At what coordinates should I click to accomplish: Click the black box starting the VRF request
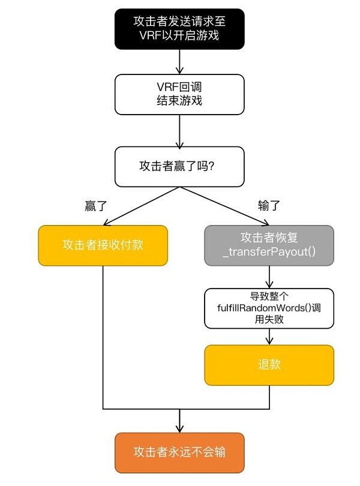[179, 28]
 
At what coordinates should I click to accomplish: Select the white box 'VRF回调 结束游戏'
[179, 94]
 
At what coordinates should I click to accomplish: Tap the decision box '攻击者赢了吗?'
[179, 166]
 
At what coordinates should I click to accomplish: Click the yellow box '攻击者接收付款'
[103, 245]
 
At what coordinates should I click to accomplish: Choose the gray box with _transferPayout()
[269, 245]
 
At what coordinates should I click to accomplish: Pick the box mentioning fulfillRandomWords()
[269, 308]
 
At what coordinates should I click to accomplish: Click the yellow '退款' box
[269, 365]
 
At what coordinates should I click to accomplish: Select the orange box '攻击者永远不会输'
[179, 452]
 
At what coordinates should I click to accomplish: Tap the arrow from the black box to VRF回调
[179, 61]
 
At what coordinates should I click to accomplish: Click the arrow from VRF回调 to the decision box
[179, 131]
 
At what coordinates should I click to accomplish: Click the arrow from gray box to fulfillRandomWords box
[269, 277]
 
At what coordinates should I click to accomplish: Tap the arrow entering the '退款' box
[269, 337]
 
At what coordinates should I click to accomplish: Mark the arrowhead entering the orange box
[179, 428]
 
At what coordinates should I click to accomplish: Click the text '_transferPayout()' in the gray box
[269, 252]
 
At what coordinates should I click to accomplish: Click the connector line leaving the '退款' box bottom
[269, 397]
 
